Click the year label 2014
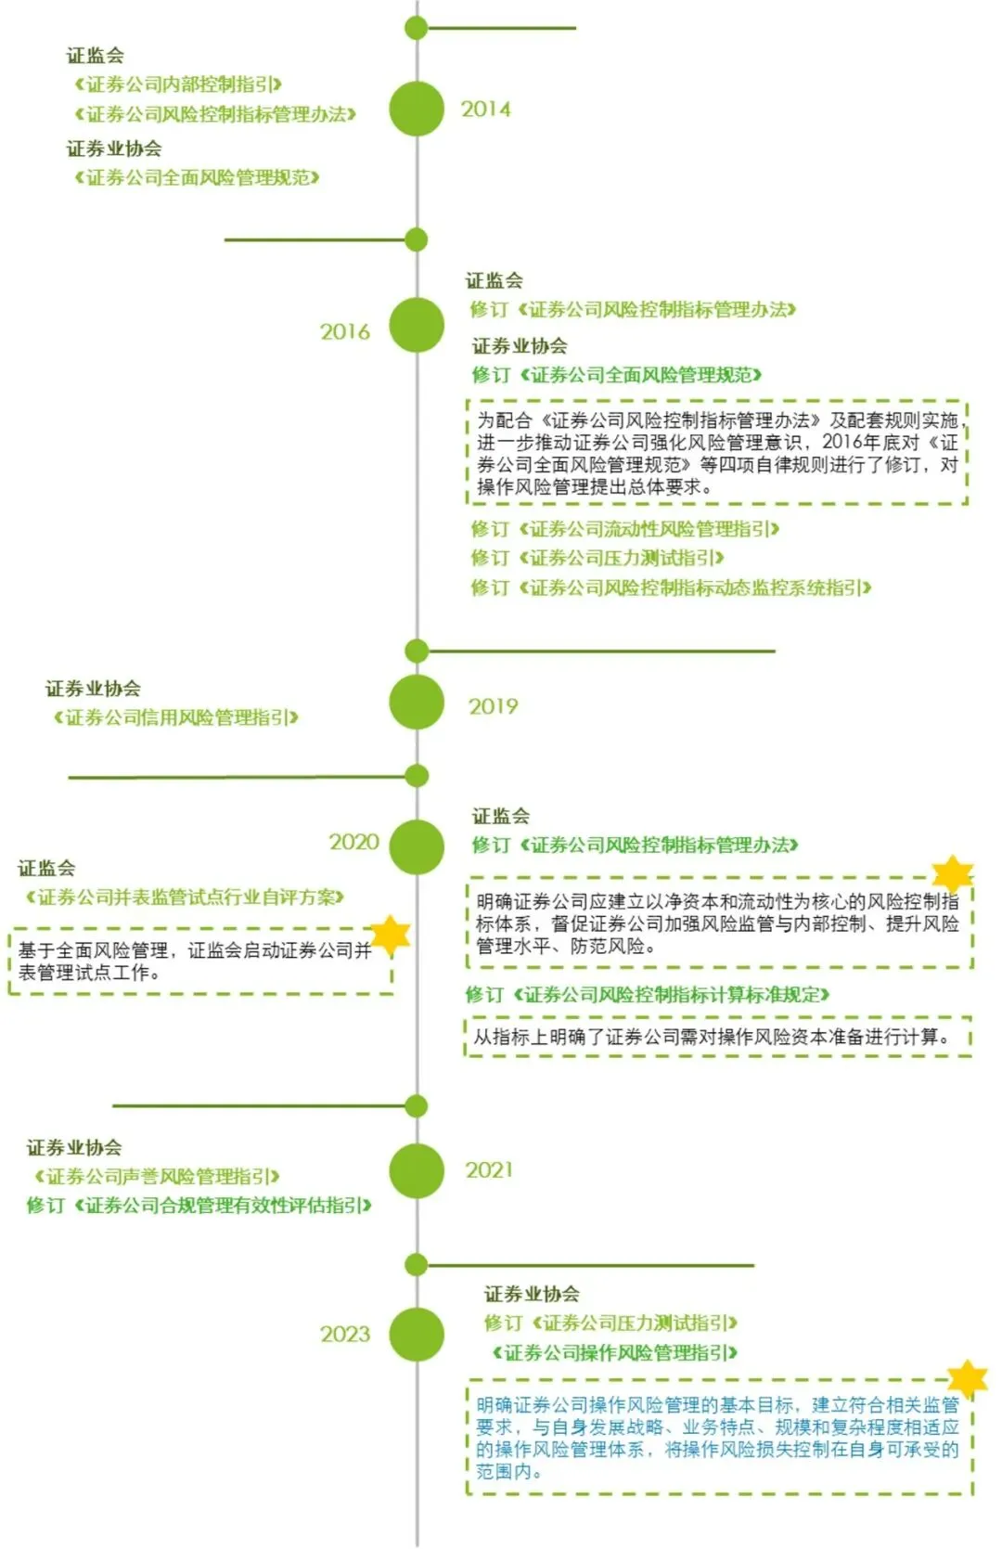tap(485, 110)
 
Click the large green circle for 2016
tap(417, 326)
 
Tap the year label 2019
tap(493, 707)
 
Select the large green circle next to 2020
tap(417, 846)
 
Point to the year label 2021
tap(489, 1170)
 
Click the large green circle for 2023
tap(417, 1335)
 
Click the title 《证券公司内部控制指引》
tap(178, 84)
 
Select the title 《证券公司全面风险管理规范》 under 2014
tap(197, 177)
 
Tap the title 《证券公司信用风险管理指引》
tap(176, 717)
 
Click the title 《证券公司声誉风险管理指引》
tap(157, 1177)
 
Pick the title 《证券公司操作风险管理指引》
tap(615, 1352)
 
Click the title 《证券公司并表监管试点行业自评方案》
tap(185, 897)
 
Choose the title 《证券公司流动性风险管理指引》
tap(649, 529)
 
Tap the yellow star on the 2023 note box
tap(967, 1379)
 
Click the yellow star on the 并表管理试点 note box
tap(391, 934)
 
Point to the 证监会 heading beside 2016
tap(494, 280)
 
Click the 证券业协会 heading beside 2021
tap(74, 1148)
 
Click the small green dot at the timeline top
tap(417, 28)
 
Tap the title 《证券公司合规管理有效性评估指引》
tap(223, 1206)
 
